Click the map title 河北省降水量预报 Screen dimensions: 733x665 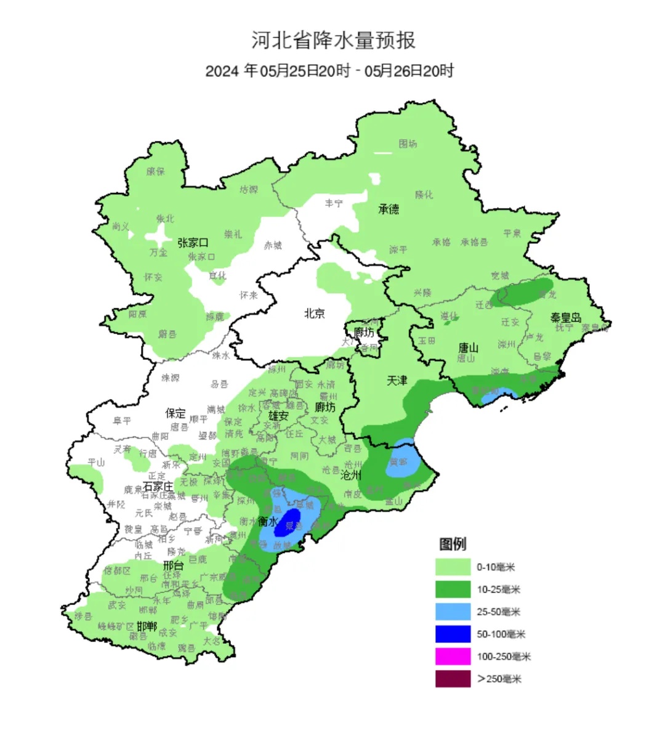pyautogui.click(x=333, y=41)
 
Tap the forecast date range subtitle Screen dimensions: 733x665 pyautogui.click(x=329, y=71)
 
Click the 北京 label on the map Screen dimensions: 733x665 pyautogui.click(x=314, y=314)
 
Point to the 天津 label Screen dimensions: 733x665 pyautogui.click(x=397, y=381)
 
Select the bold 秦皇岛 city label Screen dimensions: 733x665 pyautogui.click(x=565, y=318)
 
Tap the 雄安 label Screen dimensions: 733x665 pyautogui.click(x=278, y=416)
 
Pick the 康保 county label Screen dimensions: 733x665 pyautogui.click(x=156, y=171)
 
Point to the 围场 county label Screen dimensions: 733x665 pyautogui.click(x=408, y=144)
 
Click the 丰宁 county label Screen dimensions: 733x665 pyautogui.click(x=334, y=203)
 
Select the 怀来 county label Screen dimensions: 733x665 pyautogui.click(x=249, y=296)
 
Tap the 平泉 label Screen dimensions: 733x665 pyautogui.click(x=512, y=233)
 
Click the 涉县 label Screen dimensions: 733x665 pyautogui.click(x=83, y=616)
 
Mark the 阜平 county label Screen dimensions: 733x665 pyautogui.click(x=122, y=421)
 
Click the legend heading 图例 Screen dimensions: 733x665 pyautogui.click(x=453, y=544)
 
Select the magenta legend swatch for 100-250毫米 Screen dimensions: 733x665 pyautogui.click(x=453, y=657)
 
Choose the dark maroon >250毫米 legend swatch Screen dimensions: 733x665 pyautogui.click(x=453, y=679)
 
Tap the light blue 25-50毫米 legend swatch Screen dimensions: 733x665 pyautogui.click(x=453, y=612)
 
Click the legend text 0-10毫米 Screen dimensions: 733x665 pyautogui.click(x=496, y=567)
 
